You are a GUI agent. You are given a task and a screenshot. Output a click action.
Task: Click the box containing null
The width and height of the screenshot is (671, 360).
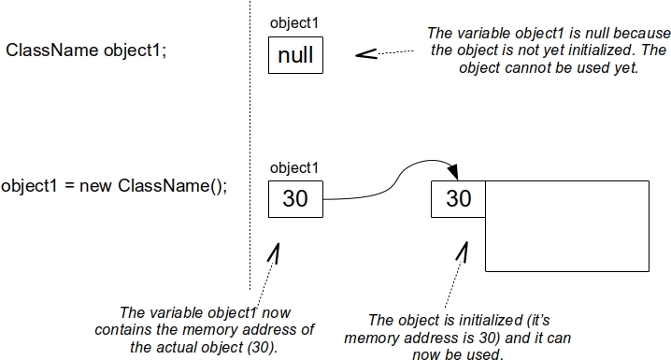295,56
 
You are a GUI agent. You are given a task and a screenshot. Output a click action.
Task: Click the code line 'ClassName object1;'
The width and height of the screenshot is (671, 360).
86,50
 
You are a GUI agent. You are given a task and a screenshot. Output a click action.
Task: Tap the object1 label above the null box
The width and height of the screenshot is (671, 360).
294,22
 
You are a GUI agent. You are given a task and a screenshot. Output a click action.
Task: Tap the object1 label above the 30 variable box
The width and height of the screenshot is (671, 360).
294,167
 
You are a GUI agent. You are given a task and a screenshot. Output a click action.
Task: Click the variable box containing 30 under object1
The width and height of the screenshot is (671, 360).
295,198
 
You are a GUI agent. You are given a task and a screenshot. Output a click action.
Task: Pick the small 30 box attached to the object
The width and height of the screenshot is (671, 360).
458,198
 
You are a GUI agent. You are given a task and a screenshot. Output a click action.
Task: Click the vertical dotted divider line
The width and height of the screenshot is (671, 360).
250,140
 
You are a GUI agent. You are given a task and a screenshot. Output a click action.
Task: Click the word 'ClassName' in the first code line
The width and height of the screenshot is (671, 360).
46,50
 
